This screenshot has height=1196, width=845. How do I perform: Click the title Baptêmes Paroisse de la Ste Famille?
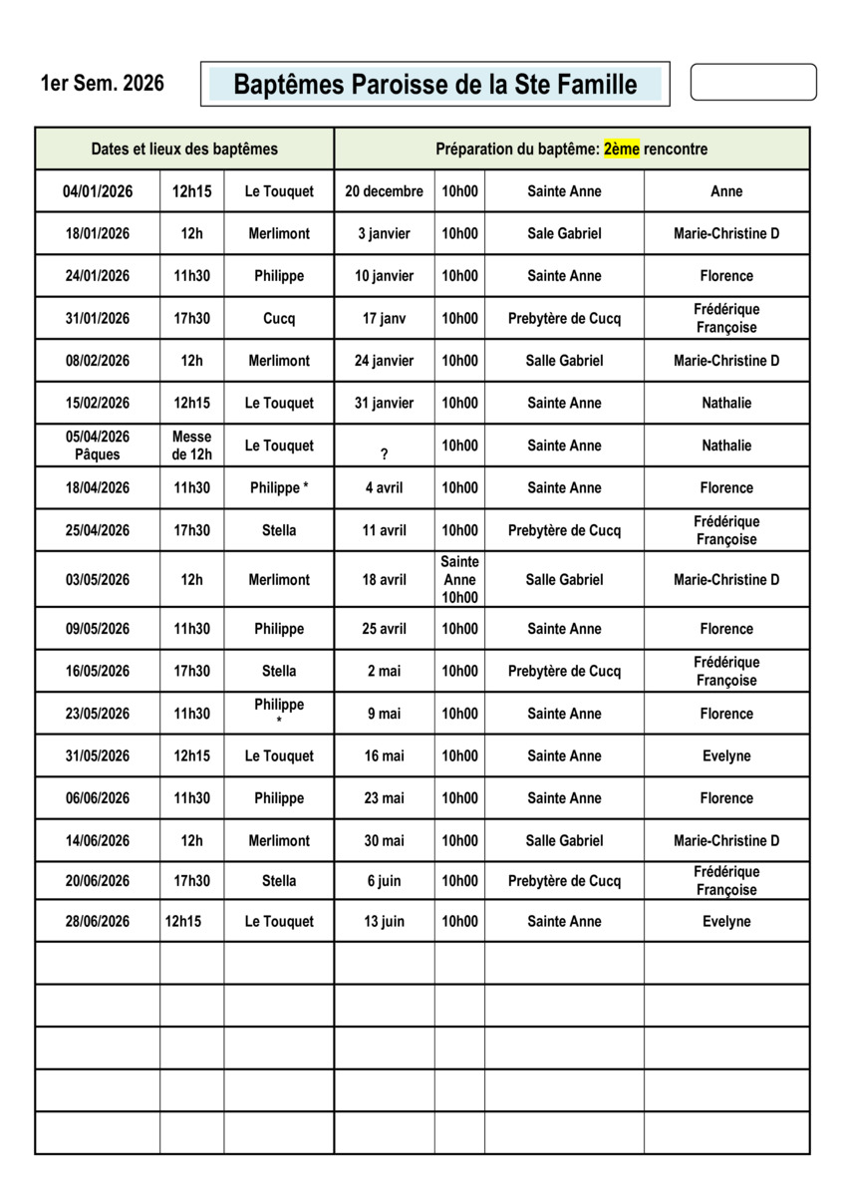click(434, 85)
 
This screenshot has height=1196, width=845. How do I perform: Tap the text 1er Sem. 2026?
click(102, 83)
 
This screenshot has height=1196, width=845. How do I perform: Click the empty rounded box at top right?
click(752, 83)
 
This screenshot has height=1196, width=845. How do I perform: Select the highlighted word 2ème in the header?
click(621, 149)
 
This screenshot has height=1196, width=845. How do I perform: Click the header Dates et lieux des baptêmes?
click(184, 149)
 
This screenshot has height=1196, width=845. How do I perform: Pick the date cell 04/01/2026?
click(98, 191)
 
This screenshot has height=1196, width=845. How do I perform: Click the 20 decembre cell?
click(384, 191)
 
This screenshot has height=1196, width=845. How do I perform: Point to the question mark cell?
click(384, 453)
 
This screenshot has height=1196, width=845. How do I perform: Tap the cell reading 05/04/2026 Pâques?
click(98, 446)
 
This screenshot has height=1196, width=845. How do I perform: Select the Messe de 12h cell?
click(191, 446)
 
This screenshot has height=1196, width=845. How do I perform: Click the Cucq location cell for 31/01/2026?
click(279, 319)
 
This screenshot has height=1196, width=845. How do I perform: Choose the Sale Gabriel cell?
click(564, 234)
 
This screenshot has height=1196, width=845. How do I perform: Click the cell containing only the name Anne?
click(726, 191)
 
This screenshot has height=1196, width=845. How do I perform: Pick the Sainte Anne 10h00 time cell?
click(459, 579)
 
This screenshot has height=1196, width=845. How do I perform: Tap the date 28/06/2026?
click(98, 922)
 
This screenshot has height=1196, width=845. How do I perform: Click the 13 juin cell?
click(384, 922)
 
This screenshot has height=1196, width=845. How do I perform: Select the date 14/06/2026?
click(98, 840)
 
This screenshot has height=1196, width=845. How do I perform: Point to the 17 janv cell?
click(384, 319)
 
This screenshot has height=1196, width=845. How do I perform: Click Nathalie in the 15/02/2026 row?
click(726, 404)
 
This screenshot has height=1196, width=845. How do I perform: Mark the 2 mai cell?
click(384, 671)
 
